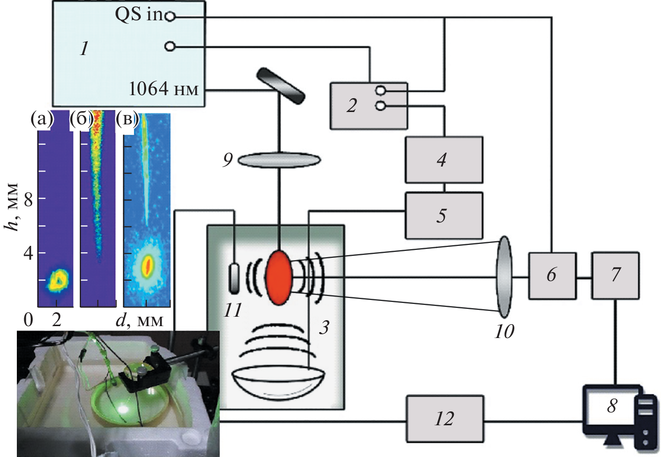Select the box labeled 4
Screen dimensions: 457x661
pos(443,160)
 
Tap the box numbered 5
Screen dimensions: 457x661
pos(443,216)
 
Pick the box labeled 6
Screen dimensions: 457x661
pos(552,275)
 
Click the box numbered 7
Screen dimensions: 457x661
pos(615,275)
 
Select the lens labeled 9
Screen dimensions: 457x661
pos(279,160)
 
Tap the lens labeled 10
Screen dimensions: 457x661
pos(504,276)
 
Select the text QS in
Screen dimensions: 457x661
pos(139,15)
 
